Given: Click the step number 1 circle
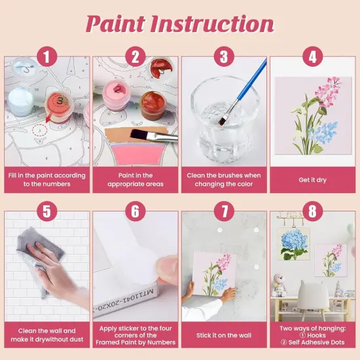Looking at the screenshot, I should point(46,56).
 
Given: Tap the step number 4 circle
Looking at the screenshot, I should point(312,56).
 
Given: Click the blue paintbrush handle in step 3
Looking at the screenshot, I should point(249,79).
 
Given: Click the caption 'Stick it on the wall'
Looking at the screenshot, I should point(223,335).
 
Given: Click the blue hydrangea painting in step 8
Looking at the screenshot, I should point(294,245).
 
